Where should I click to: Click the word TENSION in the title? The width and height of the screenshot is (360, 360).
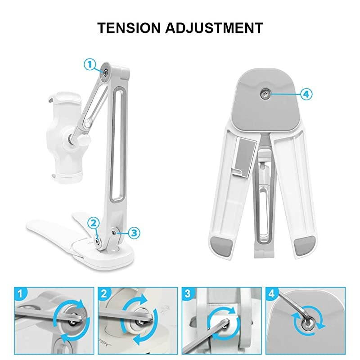pyautogui.click(x=129, y=28)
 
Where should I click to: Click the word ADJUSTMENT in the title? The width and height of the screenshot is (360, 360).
pyautogui.click(x=214, y=28)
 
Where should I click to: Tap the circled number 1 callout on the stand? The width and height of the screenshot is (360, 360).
pyautogui.click(x=90, y=64)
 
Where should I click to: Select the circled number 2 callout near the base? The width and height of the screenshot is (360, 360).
pyautogui.click(x=94, y=223)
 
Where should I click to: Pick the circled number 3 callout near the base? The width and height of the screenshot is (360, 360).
pyautogui.click(x=134, y=233)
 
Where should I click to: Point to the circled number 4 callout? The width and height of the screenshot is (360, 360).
pyautogui.click(x=306, y=94)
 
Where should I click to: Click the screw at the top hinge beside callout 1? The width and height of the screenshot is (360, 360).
pyautogui.click(x=106, y=72)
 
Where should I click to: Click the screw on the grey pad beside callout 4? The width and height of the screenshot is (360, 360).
pyautogui.click(x=265, y=94)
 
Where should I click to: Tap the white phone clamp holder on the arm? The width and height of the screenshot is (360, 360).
pyautogui.click(x=65, y=135)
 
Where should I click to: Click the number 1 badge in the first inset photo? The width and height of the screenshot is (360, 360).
pyautogui.click(x=20, y=293)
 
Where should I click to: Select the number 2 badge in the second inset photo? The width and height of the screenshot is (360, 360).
pyautogui.click(x=104, y=293)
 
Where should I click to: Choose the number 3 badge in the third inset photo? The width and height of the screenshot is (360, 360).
pyautogui.click(x=188, y=293)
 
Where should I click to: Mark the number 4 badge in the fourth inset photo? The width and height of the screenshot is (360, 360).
pyautogui.click(x=272, y=293)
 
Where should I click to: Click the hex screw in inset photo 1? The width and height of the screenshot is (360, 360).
pyautogui.click(x=73, y=321)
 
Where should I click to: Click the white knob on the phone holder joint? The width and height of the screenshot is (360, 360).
pyautogui.click(x=85, y=139)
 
